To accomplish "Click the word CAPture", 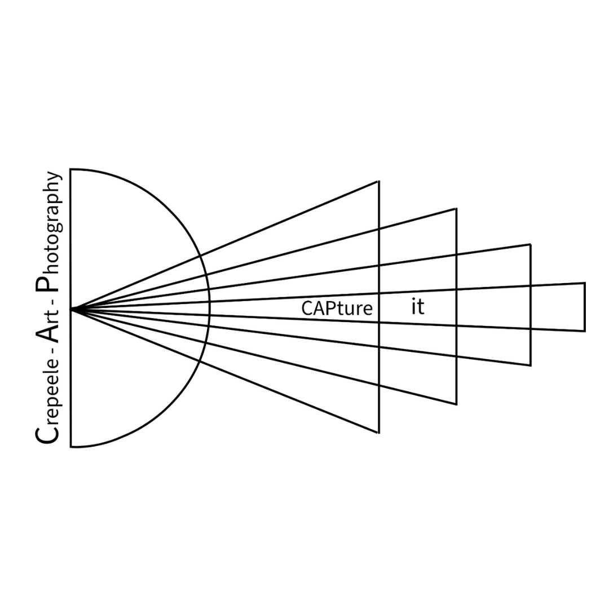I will pos(337,308).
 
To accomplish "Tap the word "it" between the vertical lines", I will pos(417,307).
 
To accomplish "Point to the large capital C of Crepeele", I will pos(47,434).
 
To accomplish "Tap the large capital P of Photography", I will pos(47,282).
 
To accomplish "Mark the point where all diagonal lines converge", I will pos(72,310).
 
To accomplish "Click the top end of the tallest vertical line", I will pos(378,181).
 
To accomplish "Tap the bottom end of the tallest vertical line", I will pos(378,433).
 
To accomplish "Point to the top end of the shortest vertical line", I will pos(585,283).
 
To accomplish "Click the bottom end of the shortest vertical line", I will pos(585,331).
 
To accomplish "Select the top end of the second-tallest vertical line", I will pos(456,209).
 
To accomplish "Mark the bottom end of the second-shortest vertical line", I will pos(530,365).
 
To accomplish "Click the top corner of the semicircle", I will pos(70,169).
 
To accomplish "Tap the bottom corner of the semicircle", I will pos(70,447).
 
